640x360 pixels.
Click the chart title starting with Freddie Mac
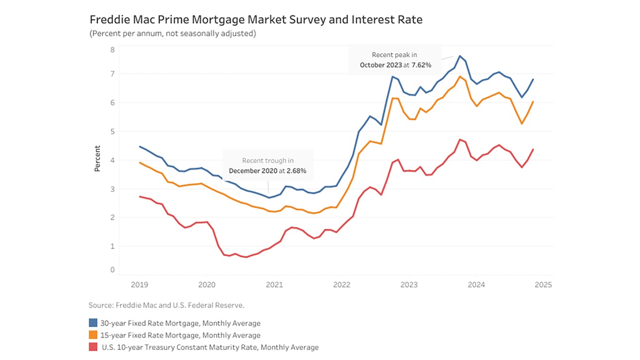[x=256, y=20]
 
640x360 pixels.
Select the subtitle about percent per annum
[x=172, y=34]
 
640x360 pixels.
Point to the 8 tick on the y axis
[x=112, y=50]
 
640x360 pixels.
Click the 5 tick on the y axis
[x=112, y=131]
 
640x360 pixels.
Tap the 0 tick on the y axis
[x=112, y=270]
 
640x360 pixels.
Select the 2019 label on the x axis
[x=139, y=285]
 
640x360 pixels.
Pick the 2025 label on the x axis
[x=543, y=285]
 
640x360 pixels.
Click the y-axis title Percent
[x=98, y=159]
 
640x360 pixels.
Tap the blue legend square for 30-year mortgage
[x=93, y=323]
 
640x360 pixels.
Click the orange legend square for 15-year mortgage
[x=93, y=335]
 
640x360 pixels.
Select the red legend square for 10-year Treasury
[x=93, y=347]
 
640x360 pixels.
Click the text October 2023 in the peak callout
[x=380, y=65]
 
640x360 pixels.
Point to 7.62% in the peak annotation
[x=421, y=65]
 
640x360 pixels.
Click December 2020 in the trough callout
[x=251, y=171]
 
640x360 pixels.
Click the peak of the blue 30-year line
[x=460, y=56]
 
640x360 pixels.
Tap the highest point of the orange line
[x=460, y=76]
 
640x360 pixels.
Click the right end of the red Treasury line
[x=533, y=149]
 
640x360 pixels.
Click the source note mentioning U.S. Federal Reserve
[x=166, y=305]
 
